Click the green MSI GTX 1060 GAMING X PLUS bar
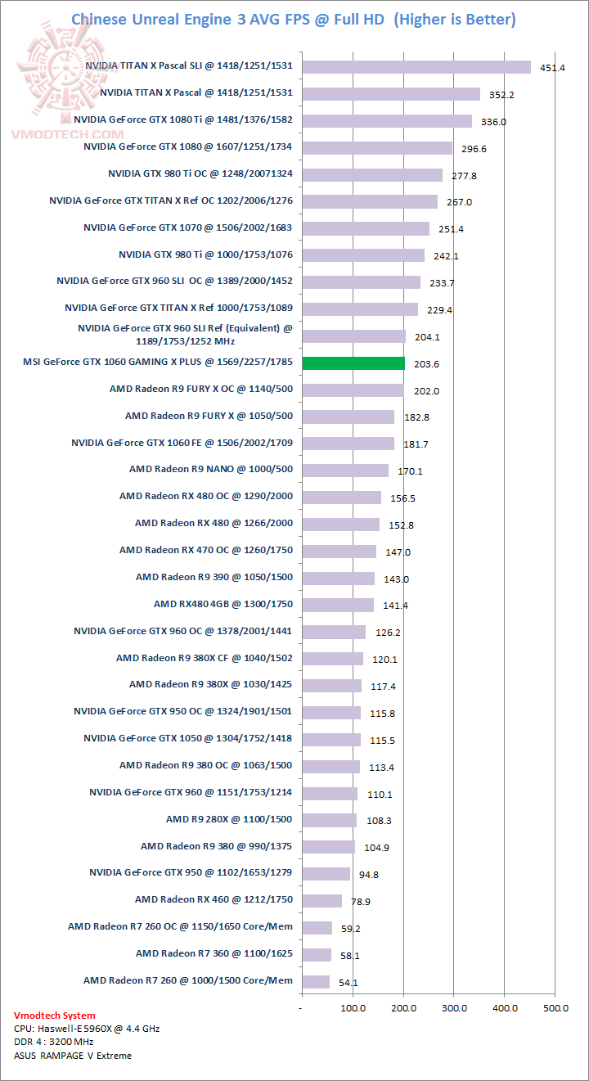353,363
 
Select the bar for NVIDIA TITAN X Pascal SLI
416,67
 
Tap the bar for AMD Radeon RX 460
321,900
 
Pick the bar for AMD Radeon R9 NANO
344,471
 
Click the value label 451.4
553,68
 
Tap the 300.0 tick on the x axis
454,1008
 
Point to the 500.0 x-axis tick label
555,1008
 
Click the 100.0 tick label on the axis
353,1008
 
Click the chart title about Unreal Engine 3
294,19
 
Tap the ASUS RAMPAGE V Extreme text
73,1055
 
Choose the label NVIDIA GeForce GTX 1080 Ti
182,120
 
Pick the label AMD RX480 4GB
223,604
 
